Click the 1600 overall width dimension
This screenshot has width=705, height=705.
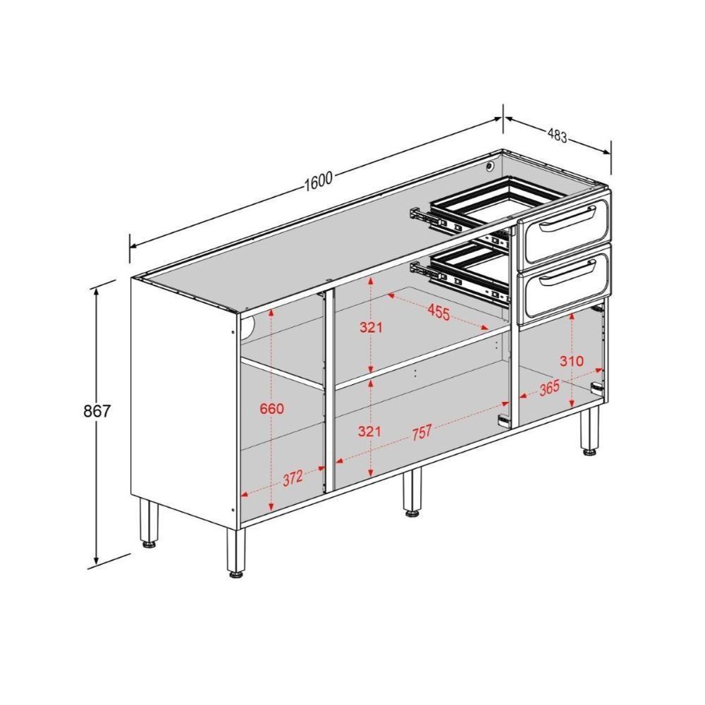pos(318,180)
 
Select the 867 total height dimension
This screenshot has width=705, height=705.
pos(97,411)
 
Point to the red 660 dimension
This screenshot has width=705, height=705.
pos(271,408)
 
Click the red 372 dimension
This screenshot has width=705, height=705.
pos(293,477)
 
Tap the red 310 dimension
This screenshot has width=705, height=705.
pos(571,361)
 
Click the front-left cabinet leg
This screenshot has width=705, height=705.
pos(235,553)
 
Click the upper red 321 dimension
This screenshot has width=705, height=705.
pos(371,327)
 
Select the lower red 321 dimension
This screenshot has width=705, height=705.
pos(369,431)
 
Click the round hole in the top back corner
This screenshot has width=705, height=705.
pos(489,166)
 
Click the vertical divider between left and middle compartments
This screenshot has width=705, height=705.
pos(328,392)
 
